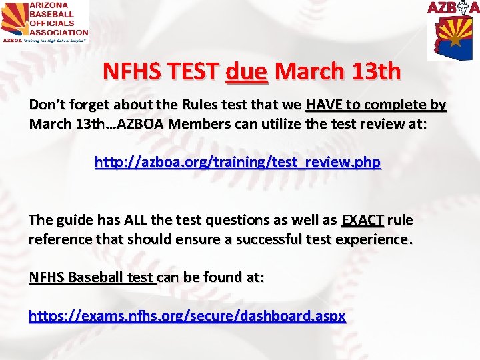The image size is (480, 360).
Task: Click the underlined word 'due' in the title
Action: tap(247, 71)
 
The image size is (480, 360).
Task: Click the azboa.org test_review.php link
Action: tap(237, 162)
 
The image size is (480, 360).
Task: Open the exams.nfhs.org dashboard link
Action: tap(187, 316)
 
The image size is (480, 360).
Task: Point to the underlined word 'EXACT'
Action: tap(362, 219)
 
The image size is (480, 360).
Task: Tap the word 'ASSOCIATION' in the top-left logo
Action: tap(59, 31)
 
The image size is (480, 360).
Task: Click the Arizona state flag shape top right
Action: tap(455, 37)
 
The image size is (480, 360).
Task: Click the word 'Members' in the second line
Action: tap(201, 124)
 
